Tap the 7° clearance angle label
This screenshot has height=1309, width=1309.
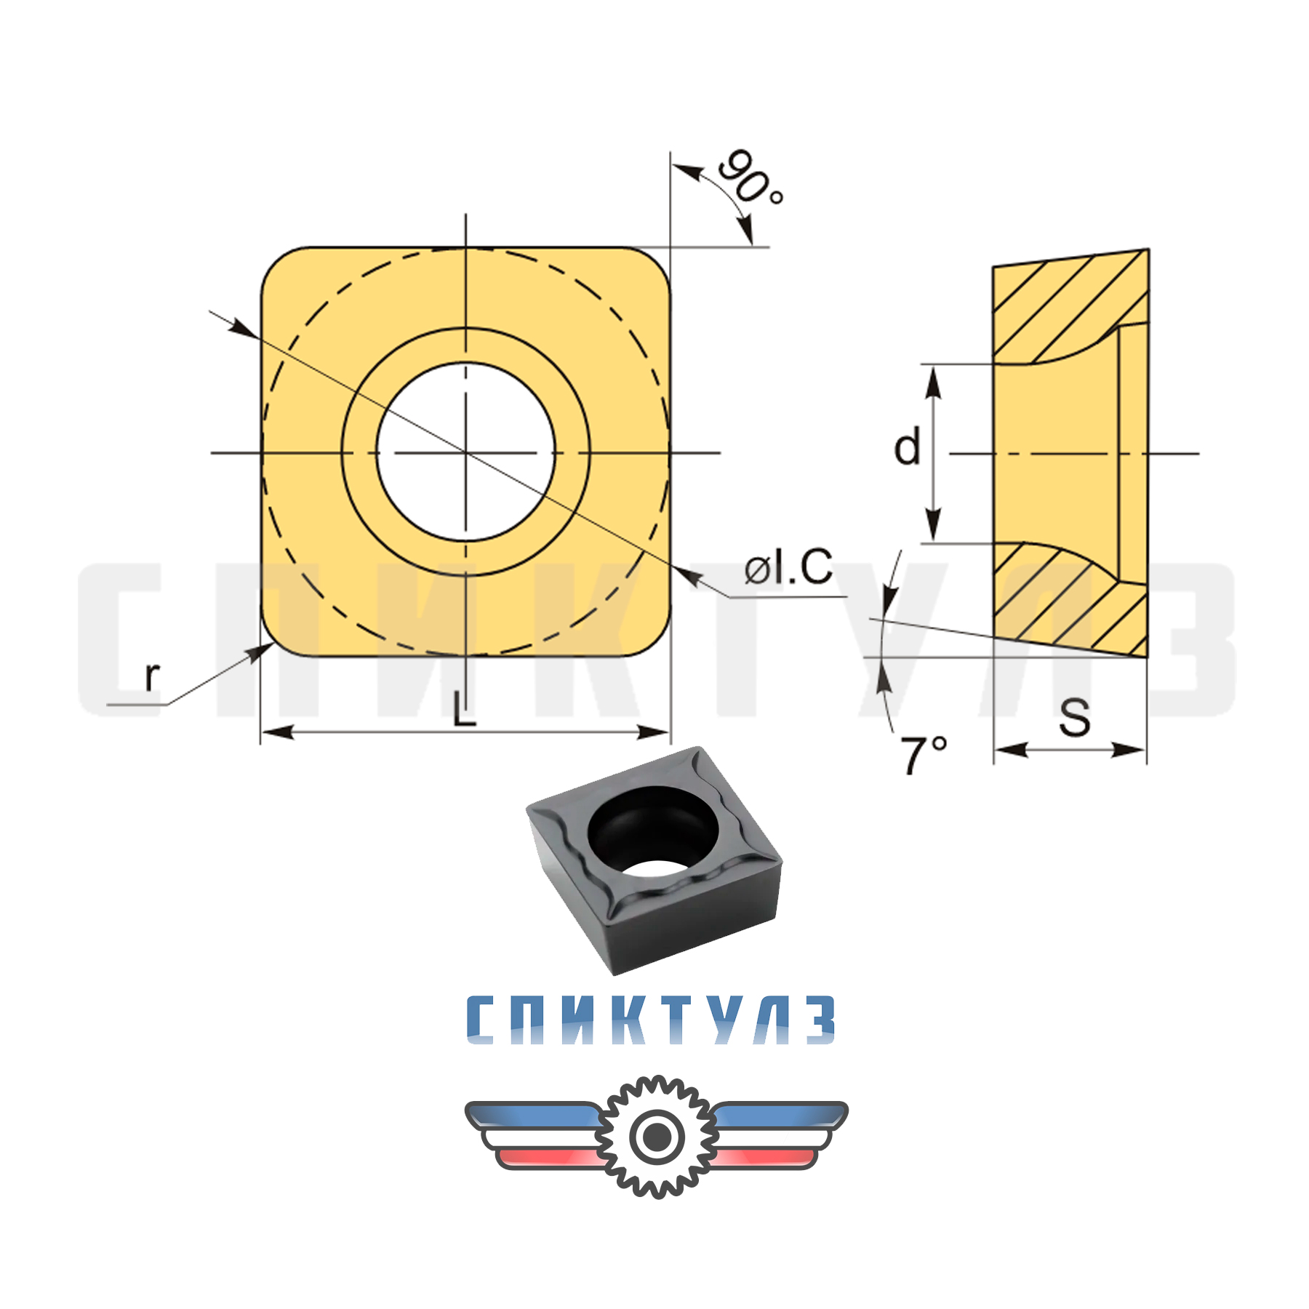(924, 754)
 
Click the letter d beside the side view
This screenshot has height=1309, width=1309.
(907, 447)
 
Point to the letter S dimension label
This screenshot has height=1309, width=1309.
(1074, 718)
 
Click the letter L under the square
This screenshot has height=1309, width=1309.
(463, 710)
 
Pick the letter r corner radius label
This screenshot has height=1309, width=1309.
(151, 676)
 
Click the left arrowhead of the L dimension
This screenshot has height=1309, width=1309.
(276, 732)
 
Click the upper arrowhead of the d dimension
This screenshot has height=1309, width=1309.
(933, 382)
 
